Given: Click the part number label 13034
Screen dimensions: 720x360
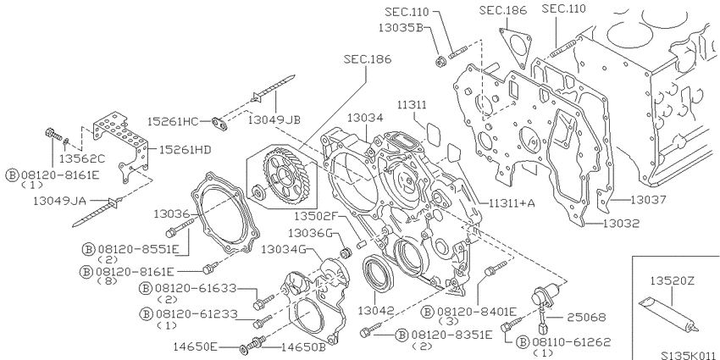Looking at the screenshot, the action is pyautogui.click(x=364, y=118).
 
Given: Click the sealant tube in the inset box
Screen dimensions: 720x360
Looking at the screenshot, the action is pyautogui.click(x=669, y=314).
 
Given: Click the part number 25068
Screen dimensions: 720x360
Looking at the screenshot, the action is pyautogui.click(x=586, y=318).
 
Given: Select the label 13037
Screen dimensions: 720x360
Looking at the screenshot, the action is pyautogui.click(x=647, y=200).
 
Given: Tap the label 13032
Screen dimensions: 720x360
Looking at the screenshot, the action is pyautogui.click(x=621, y=224).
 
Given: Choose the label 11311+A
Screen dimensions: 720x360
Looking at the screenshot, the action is pyautogui.click(x=512, y=202).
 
